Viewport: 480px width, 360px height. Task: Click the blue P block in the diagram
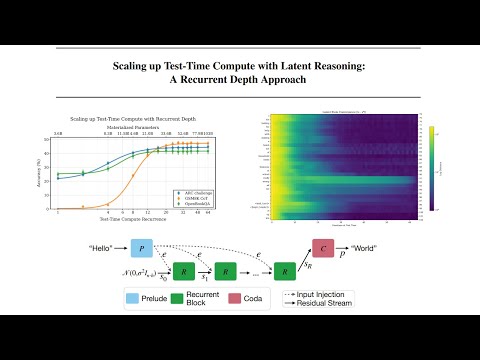pos(146,246)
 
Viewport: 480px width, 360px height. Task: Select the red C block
pos(326,247)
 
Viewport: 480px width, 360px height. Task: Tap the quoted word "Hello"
pos(100,246)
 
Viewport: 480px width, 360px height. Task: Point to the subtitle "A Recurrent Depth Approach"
pos(240,82)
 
